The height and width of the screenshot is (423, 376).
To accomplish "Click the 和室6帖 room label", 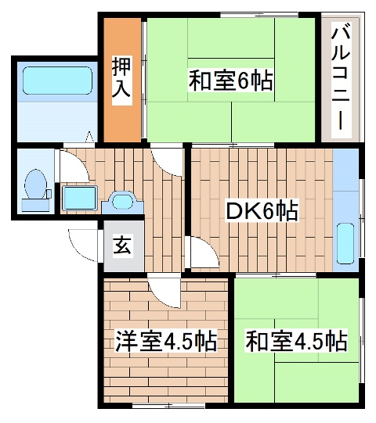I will (x=230, y=81).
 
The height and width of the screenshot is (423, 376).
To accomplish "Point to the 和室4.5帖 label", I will (x=296, y=342).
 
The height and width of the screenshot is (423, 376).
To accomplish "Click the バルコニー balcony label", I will (x=339, y=77).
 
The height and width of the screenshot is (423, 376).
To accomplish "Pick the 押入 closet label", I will (x=121, y=78).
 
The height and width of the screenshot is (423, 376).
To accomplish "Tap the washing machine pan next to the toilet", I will (x=79, y=197).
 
